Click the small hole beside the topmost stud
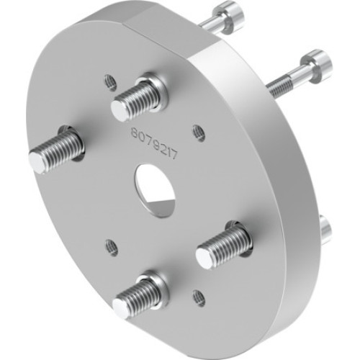click(110, 82)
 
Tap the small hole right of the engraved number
click(199, 132)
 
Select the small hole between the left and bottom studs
click(112, 248)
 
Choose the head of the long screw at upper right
click(316, 66)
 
